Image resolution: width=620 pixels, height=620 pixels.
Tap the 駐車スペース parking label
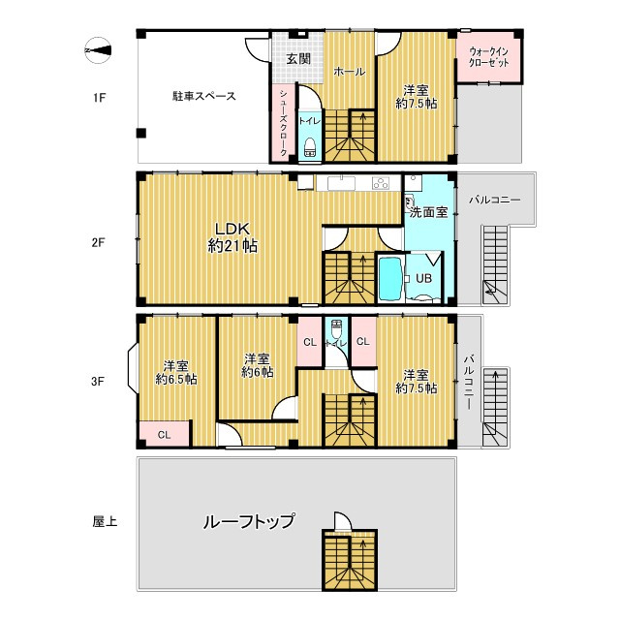[x=203, y=96]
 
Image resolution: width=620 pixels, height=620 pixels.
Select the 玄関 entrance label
[x=296, y=58]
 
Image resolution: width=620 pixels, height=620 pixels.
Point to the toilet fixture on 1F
[x=310, y=146]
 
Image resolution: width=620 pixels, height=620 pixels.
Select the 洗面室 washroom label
[x=427, y=211]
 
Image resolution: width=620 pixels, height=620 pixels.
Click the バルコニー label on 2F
[x=494, y=200]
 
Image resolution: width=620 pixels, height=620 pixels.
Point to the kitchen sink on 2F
[x=342, y=184]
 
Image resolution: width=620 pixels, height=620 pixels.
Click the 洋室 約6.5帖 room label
[x=176, y=373]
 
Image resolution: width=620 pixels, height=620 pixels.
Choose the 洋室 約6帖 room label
[x=257, y=364]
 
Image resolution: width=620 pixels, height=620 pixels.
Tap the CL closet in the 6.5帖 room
[x=164, y=435]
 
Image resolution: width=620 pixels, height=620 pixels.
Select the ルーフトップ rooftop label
[x=248, y=521]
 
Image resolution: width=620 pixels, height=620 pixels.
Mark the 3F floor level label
[x=98, y=381]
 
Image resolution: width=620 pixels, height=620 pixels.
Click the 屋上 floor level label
[x=105, y=522]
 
